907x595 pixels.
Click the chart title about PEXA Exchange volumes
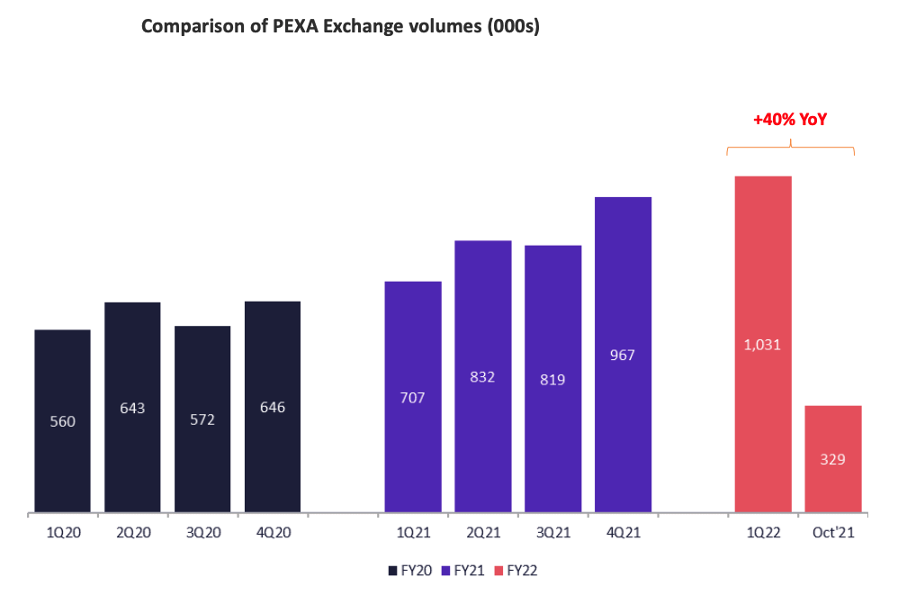coord(340,28)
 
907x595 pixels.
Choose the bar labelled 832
coord(483,377)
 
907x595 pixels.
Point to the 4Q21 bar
coord(623,355)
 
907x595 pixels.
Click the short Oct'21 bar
coord(833,459)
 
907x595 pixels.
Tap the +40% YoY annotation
coord(790,119)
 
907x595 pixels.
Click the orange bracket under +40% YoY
coord(790,148)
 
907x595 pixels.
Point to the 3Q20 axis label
coord(202,533)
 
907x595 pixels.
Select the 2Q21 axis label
coord(483,533)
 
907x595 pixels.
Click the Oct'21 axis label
coord(833,533)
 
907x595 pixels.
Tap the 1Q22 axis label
coord(763,533)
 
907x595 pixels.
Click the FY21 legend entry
coord(466,570)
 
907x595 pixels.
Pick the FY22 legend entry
coord(524,570)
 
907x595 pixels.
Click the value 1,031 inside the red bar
coord(763,343)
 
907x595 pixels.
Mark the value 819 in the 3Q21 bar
coord(552,380)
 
